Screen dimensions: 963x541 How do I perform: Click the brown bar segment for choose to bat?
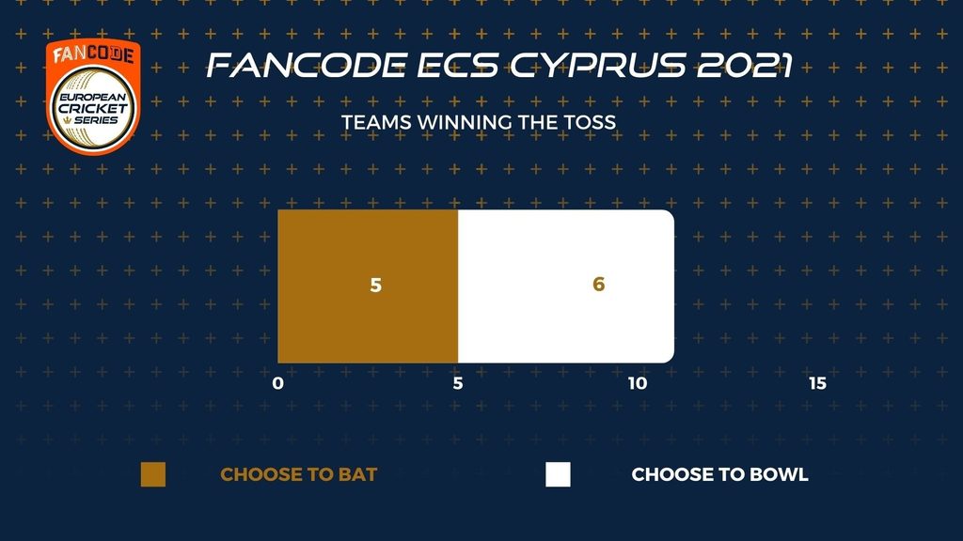368,286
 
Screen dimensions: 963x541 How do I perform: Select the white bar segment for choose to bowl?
566,286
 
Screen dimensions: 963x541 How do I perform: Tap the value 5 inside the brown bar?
376,286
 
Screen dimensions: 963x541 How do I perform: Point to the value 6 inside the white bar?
599,284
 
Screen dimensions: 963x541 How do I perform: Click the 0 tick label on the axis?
278,383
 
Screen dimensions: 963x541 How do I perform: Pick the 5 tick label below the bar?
458,383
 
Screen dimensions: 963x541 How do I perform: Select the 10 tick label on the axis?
638,383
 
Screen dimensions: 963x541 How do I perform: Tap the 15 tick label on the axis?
817,383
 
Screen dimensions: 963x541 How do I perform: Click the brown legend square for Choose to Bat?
153,474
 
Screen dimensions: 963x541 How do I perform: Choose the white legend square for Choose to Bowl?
558,474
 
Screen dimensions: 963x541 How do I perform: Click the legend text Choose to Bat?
298,474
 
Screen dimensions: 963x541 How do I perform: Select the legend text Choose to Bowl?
719,474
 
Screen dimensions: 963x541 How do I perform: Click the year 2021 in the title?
745,66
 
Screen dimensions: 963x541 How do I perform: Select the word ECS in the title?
458,66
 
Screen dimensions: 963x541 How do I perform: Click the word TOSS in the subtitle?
591,123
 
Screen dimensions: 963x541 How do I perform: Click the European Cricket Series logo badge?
93,97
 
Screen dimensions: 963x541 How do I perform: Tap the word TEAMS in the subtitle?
376,123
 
